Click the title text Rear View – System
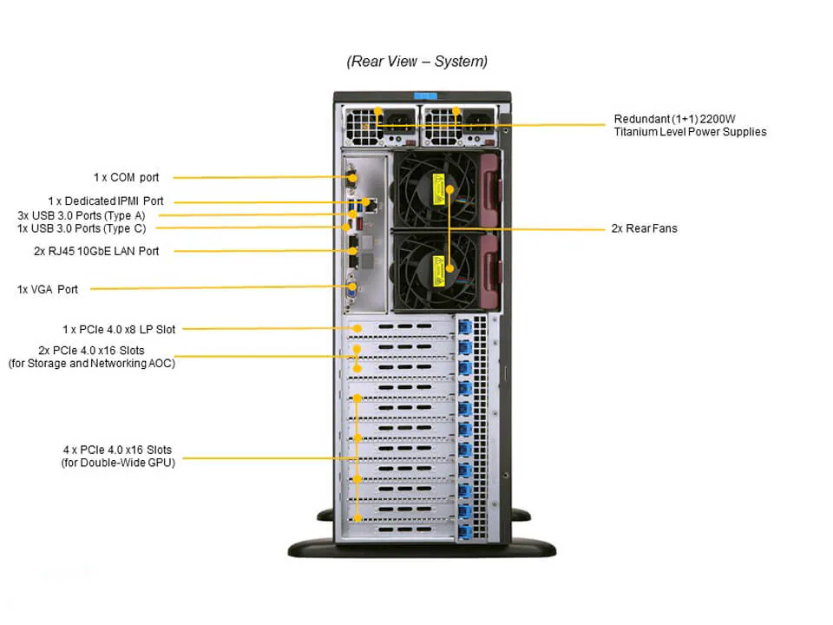416,62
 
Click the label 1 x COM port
126,177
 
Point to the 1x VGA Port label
48,289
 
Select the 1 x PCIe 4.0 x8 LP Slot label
118,329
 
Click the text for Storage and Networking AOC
91,364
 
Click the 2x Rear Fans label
644,228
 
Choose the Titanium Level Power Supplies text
690,132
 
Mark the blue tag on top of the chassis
423,95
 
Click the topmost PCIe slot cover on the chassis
399,328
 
